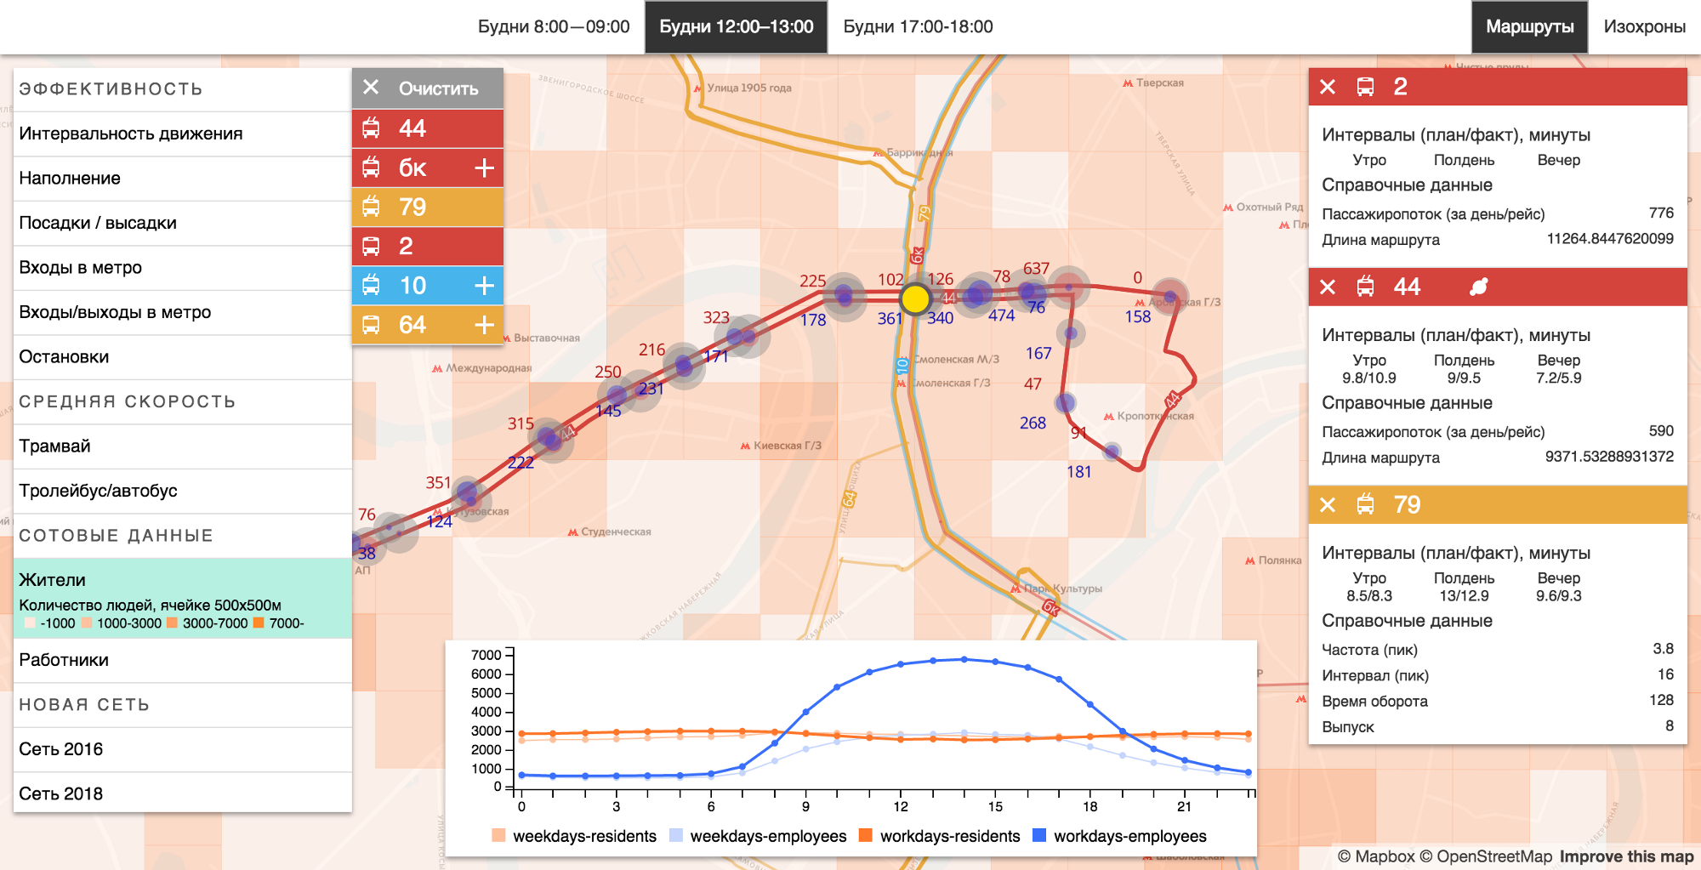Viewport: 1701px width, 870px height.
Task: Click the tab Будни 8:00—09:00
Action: [554, 27]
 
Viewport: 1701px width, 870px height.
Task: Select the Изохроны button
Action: [1644, 27]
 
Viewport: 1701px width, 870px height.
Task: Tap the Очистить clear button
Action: [428, 88]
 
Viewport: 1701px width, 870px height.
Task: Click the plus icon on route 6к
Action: [484, 168]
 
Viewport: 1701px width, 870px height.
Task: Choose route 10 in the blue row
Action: [412, 286]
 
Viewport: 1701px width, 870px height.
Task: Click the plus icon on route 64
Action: [484, 325]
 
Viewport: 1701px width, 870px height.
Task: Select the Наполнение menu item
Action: [70, 179]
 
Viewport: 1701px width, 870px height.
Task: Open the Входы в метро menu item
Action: [81, 268]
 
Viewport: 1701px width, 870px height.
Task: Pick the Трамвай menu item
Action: [55, 446]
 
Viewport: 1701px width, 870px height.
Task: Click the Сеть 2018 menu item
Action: [61, 793]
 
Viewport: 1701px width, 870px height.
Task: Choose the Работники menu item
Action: [64, 660]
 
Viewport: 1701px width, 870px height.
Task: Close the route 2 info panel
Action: [1328, 87]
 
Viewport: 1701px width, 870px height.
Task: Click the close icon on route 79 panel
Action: [1328, 505]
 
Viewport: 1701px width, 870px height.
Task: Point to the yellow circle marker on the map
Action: [915, 299]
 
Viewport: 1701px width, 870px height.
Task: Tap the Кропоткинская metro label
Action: [1154, 417]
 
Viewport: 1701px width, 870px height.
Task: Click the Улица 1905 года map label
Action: [748, 88]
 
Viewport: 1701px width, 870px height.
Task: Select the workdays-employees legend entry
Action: [1120, 836]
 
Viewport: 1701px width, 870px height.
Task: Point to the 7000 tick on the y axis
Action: [486, 655]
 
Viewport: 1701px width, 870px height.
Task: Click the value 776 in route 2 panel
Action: [1660, 213]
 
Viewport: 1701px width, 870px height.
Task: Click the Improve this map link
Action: [1626, 856]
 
